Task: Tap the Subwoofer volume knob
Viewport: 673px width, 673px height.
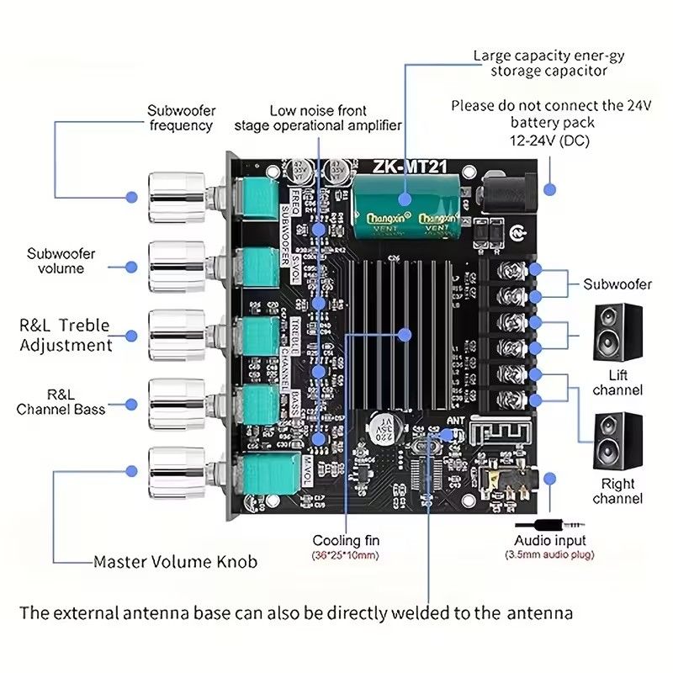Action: pos(176,265)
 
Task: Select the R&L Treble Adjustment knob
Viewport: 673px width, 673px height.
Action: pos(176,334)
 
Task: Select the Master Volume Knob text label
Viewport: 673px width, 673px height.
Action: pos(175,561)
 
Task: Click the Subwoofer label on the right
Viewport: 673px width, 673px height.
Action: pos(617,284)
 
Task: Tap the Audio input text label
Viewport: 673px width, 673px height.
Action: pos(550,540)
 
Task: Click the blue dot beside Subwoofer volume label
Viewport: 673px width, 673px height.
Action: pos(131,265)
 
